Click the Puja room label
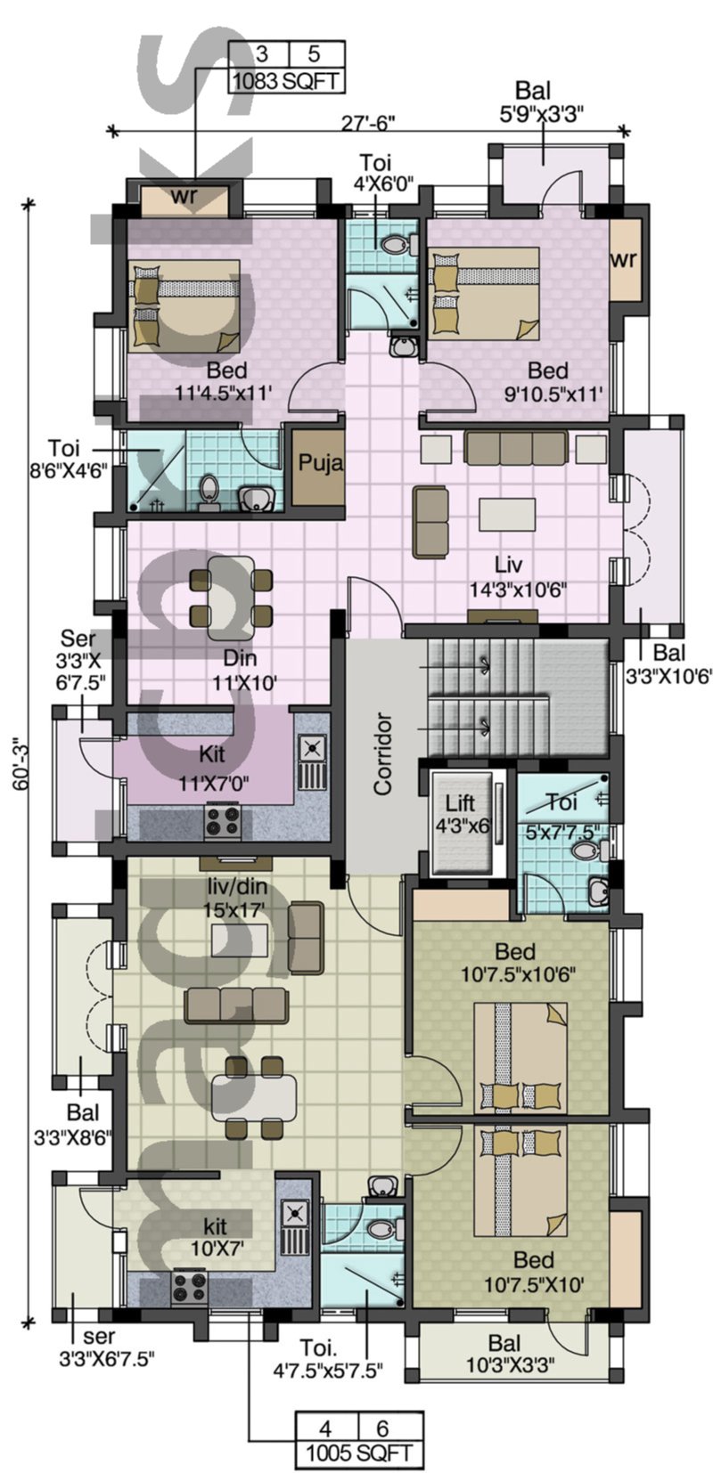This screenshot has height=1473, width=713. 320,463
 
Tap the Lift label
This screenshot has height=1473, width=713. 460,803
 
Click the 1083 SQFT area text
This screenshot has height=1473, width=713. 286,82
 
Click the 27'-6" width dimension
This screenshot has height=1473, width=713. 367,123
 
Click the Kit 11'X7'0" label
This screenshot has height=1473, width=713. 213,769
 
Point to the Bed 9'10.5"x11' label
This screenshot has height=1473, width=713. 548,381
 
